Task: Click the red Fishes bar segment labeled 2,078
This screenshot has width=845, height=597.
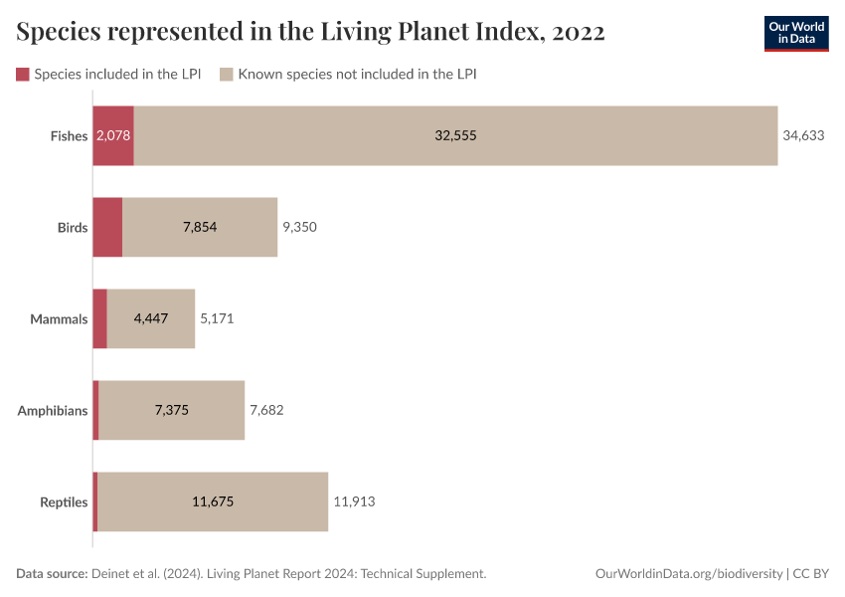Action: point(113,135)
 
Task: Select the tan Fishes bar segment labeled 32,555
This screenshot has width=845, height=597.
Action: point(455,135)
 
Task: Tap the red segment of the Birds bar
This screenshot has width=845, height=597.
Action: point(107,227)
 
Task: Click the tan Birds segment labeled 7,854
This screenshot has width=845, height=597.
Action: point(200,227)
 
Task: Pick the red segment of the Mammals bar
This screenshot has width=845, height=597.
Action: point(99,318)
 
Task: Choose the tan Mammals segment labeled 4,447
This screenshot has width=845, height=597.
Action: point(151,318)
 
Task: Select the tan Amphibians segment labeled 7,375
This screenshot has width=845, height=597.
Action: point(172,410)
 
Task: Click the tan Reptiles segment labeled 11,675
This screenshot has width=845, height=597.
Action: point(213,501)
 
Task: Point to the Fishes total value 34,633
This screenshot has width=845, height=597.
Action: point(803,135)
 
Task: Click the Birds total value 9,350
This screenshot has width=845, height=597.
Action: point(299,227)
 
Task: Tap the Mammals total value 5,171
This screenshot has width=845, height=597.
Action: point(217,318)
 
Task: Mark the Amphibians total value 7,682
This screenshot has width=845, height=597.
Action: point(266,410)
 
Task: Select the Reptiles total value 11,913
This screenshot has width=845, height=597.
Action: point(354,501)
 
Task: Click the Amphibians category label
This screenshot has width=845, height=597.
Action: point(53,410)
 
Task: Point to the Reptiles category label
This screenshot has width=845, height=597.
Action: point(64,501)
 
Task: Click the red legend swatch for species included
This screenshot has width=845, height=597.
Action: point(23,74)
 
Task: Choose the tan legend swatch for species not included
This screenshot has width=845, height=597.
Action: point(227,74)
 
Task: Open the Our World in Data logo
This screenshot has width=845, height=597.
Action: point(795,33)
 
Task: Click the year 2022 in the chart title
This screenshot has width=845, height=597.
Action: point(575,33)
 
